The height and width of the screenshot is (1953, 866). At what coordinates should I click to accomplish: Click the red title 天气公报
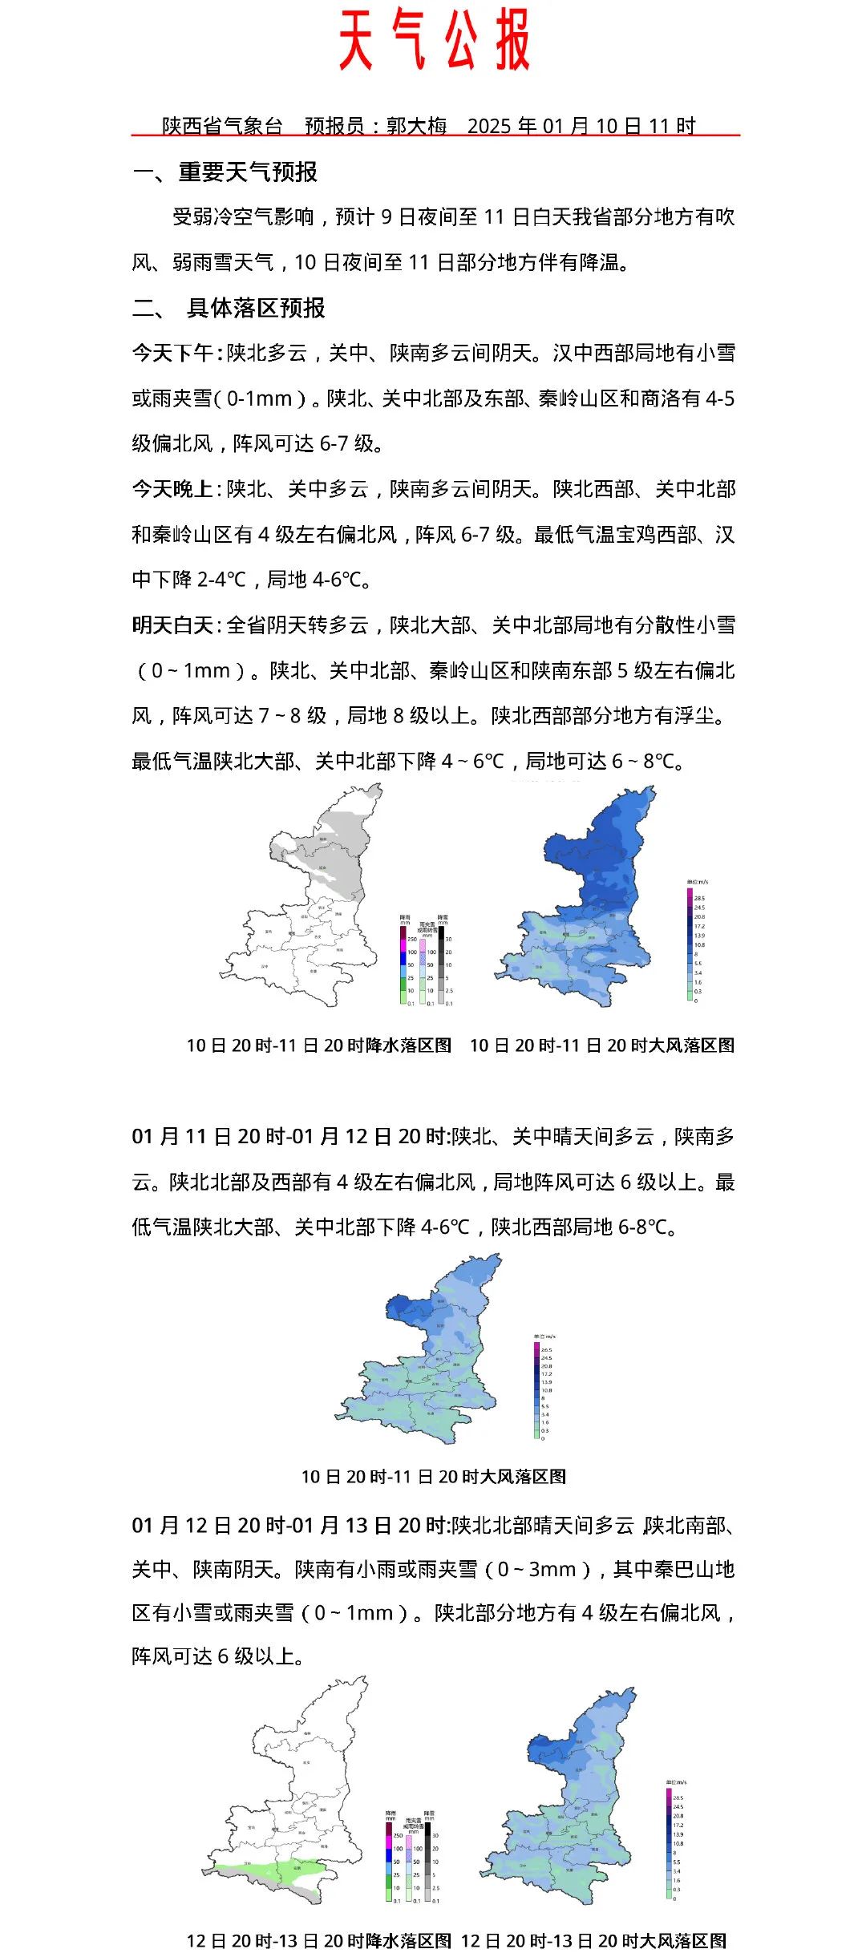point(434,40)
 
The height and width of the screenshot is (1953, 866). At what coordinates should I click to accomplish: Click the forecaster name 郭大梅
point(416,126)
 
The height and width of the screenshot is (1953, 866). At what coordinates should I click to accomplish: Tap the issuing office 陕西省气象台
point(222,126)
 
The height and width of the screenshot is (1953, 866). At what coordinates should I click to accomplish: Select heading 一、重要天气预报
point(225,172)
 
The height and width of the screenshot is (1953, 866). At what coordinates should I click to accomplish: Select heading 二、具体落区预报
point(229,308)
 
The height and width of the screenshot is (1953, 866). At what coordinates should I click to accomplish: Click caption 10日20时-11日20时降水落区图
point(319,1045)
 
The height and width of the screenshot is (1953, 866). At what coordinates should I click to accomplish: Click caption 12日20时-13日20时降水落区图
point(319,1940)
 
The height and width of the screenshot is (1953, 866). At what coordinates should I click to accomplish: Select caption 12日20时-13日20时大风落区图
point(593,1940)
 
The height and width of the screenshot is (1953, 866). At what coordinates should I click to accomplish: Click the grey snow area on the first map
point(337,850)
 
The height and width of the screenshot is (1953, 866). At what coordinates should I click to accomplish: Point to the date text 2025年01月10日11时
point(581,126)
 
